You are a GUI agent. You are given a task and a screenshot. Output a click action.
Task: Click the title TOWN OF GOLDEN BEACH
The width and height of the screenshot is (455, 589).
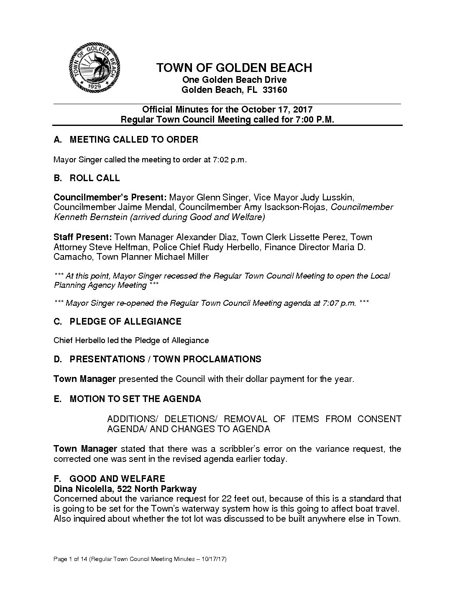tap(234, 68)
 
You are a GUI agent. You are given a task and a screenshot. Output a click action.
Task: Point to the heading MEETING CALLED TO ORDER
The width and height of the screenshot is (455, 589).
tap(134, 140)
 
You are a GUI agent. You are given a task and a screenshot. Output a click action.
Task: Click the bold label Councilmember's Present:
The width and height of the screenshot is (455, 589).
tap(110, 197)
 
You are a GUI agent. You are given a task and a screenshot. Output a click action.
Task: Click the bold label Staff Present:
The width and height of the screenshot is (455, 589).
tap(82, 237)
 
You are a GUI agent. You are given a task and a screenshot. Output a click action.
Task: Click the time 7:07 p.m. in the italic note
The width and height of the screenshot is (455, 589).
tap(339, 303)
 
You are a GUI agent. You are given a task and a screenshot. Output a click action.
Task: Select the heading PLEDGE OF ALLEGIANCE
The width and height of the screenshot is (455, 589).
tap(125, 322)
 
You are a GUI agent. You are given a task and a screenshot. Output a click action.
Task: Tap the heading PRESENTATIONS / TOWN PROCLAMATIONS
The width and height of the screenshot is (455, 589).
tap(165, 359)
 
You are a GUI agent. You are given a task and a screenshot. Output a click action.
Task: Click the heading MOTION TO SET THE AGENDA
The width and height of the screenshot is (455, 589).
tap(135, 399)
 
